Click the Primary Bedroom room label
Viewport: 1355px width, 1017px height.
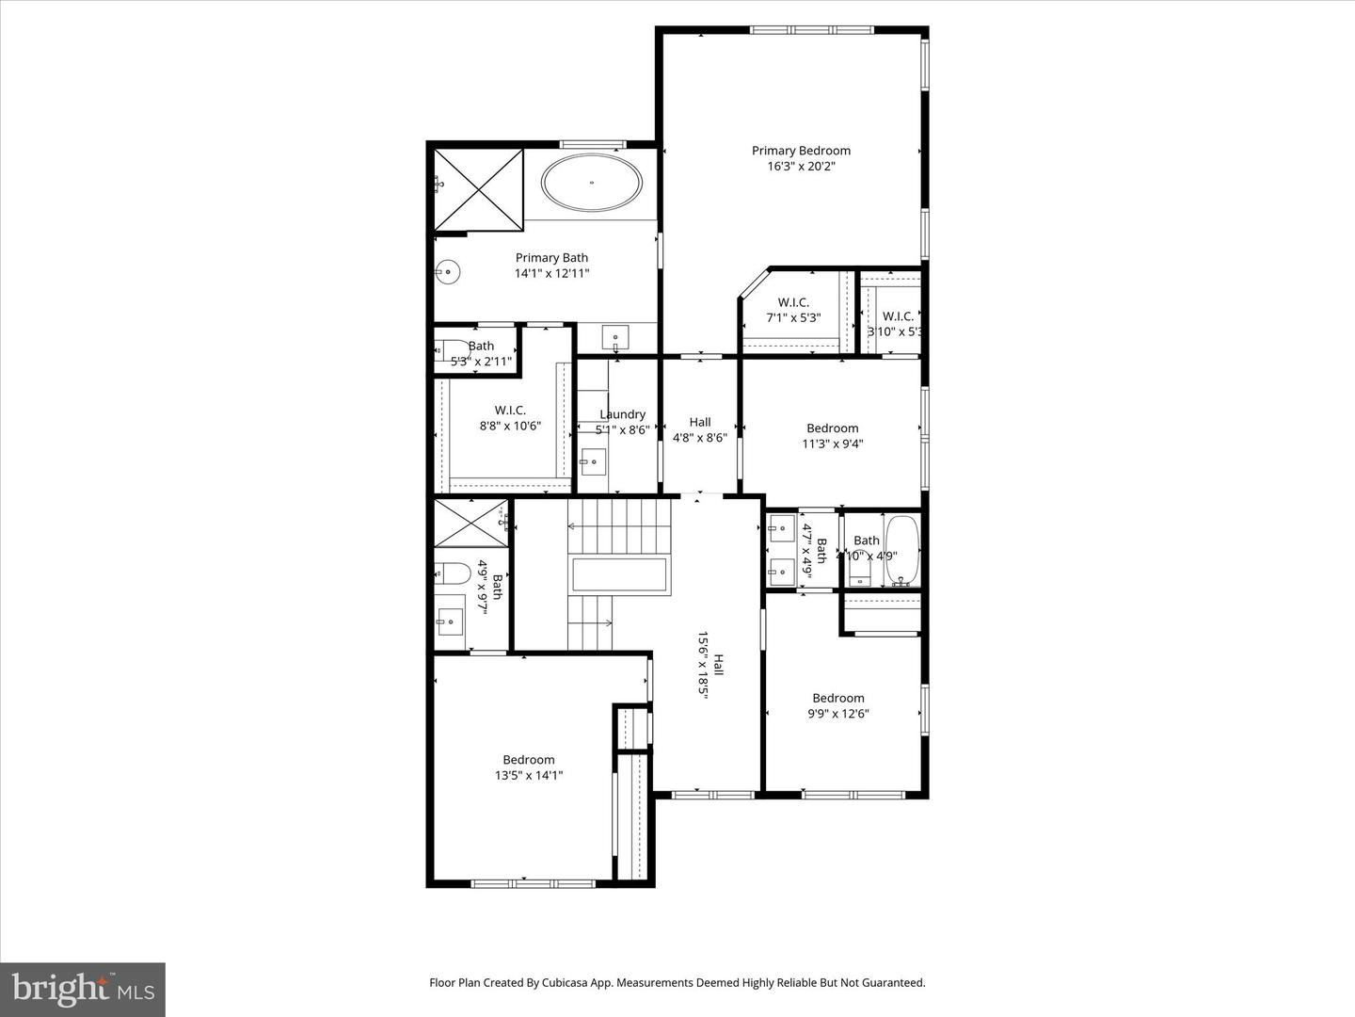coord(801,151)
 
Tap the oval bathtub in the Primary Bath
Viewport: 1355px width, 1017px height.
coord(592,182)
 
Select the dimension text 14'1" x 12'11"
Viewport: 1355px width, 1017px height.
coord(551,274)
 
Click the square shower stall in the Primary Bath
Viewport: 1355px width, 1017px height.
coord(478,189)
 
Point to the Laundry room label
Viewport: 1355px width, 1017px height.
coord(622,414)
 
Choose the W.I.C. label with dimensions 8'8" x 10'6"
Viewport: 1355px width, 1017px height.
coord(510,411)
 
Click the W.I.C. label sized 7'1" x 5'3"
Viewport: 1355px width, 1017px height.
coord(793,302)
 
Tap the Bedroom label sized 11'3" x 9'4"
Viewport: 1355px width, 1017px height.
coord(832,428)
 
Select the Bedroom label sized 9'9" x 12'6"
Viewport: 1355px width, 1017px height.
coord(837,698)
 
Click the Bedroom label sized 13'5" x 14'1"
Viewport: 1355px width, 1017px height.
coord(528,760)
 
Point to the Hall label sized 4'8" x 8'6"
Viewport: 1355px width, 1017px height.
coord(700,423)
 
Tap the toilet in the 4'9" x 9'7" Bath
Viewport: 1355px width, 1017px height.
coord(452,573)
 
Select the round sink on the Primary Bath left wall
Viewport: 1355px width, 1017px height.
coord(449,273)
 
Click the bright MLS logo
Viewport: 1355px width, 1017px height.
coord(83,989)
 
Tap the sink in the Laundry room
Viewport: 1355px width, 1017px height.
coord(593,461)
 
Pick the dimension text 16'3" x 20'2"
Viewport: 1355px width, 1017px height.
coord(801,167)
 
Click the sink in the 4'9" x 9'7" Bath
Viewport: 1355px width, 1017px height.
coord(451,619)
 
